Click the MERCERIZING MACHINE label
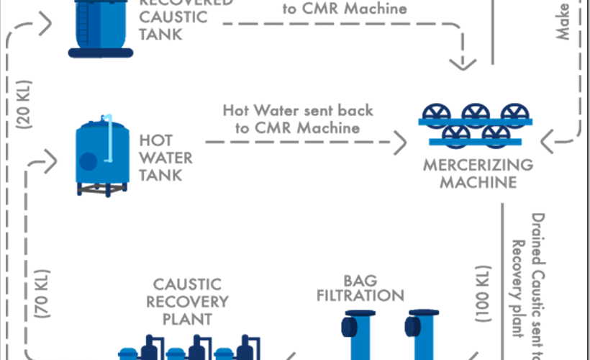[478, 173]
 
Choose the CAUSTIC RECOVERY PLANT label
[187, 302]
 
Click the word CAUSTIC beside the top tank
[165, 17]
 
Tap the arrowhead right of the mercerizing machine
[549, 141]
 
